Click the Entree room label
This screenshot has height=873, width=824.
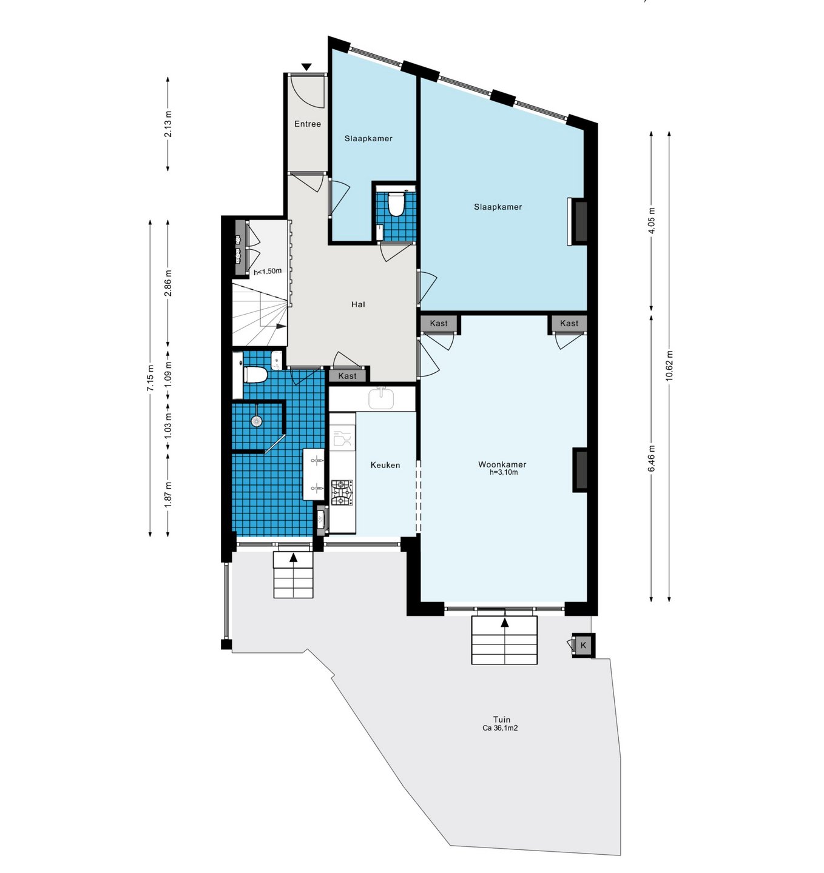point(307,124)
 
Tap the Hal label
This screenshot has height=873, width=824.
point(358,304)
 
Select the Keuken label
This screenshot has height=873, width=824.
point(385,465)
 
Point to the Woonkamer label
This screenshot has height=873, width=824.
point(502,464)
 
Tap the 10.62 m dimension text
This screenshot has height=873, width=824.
point(669,366)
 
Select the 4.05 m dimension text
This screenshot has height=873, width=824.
point(652,221)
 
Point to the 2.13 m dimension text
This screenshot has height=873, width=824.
point(168,124)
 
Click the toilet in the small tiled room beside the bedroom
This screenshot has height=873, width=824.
point(396,204)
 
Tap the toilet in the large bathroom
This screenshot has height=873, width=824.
point(255,375)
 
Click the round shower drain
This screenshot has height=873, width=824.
point(257,421)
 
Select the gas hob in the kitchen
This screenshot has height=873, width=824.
point(342,493)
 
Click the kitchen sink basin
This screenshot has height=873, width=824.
point(381,398)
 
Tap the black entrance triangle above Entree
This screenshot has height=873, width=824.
point(306,67)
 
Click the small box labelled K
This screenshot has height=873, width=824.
point(583,645)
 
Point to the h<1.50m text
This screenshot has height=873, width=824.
point(268,271)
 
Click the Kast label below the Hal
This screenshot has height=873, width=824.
point(347,376)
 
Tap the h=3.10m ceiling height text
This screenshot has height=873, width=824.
point(504,472)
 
